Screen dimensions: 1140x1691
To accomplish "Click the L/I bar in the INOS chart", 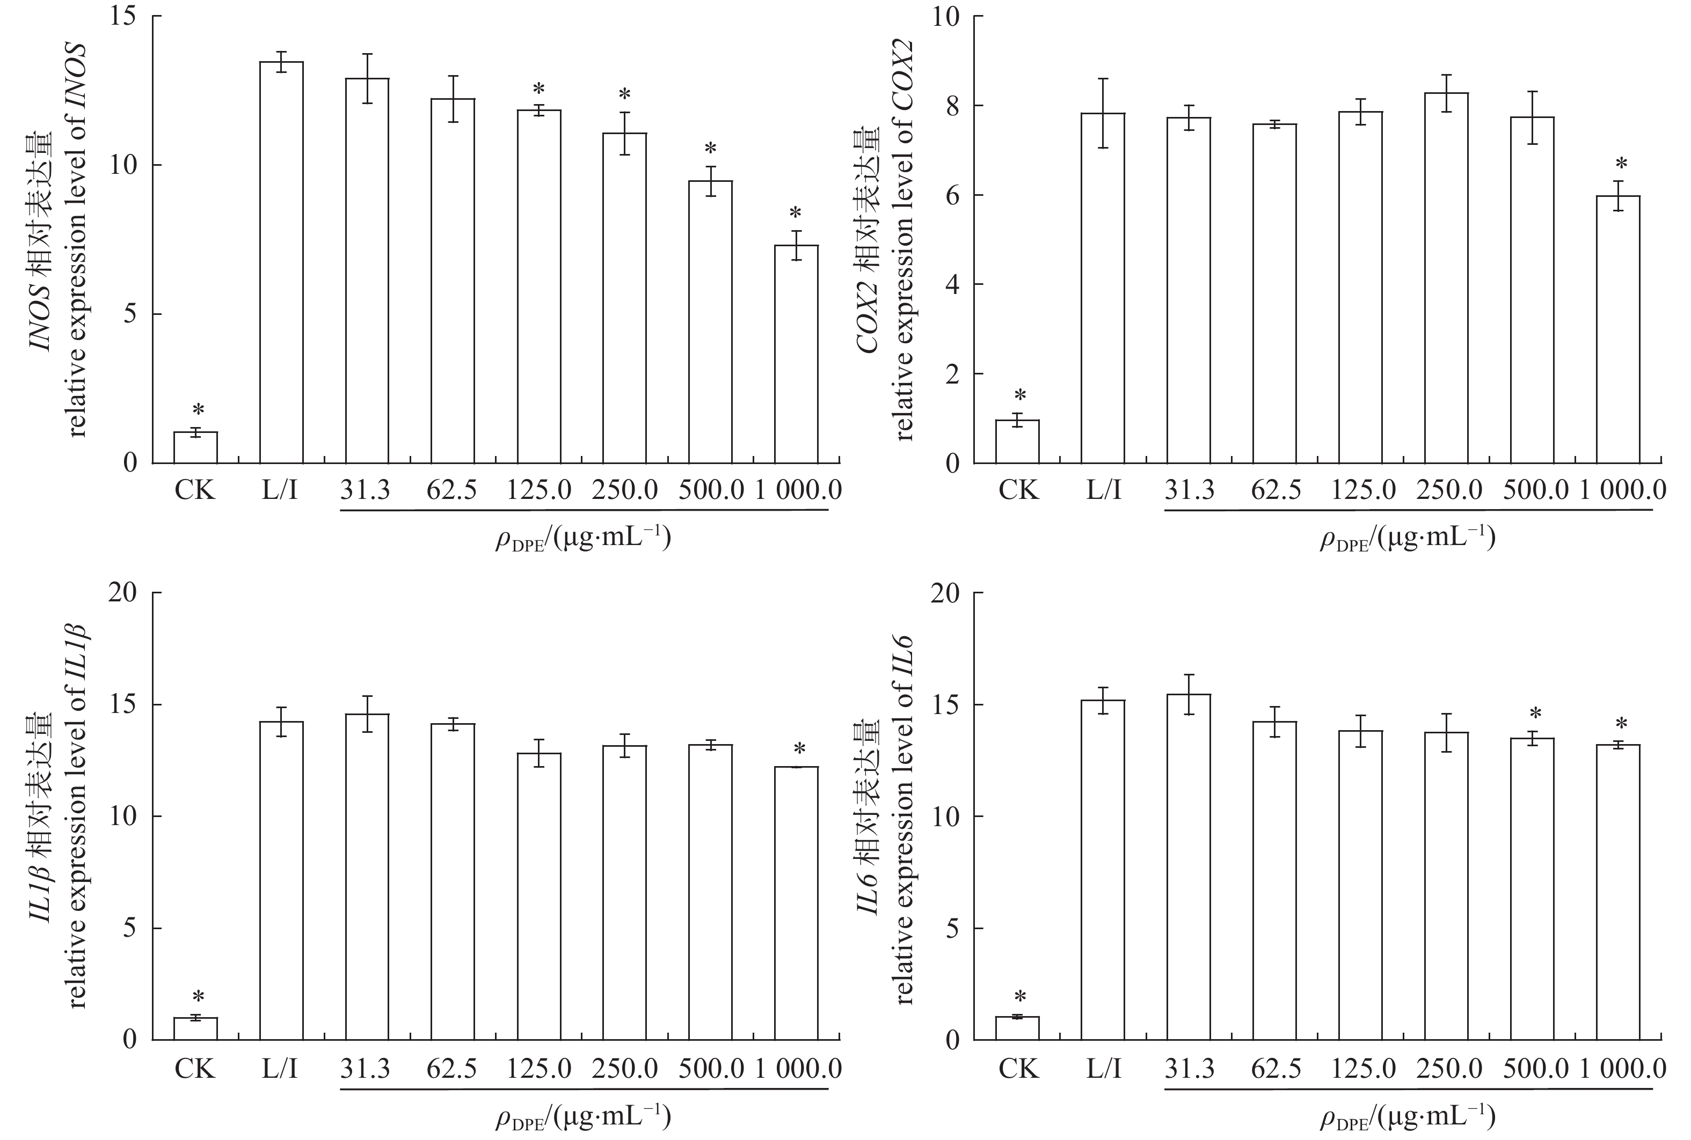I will pyautogui.click(x=281, y=262).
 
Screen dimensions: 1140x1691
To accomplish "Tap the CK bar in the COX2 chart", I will pyautogui.click(x=1017, y=442).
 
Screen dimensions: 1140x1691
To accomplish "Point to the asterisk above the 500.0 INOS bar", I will pyautogui.click(x=711, y=150).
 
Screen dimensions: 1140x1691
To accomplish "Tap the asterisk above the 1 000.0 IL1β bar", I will pyautogui.click(x=800, y=749).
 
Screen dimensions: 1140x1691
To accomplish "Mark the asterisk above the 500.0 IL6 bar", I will pyautogui.click(x=1535, y=714).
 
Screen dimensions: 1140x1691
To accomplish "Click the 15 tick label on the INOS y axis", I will pyautogui.click(x=123, y=16).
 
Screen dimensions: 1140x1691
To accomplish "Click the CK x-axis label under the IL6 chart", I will pyautogui.click(x=1018, y=1069).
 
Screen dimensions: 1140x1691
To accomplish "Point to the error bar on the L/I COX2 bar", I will pyautogui.click(x=1103, y=113).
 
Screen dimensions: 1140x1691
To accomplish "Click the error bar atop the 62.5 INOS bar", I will pyautogui.click(x=453, y=99).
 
